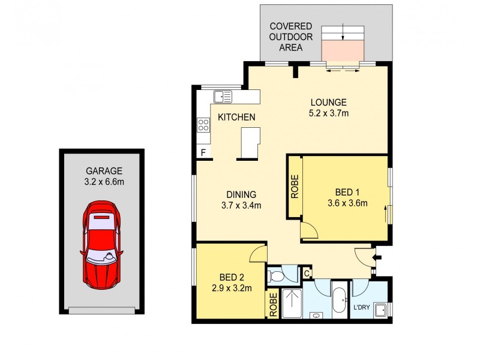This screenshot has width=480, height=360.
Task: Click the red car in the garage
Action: click(x=101, y=244)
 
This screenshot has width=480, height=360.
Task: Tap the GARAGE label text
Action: click(x=103, y=170)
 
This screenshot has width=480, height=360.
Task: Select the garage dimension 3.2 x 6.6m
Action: click(x=103, y=181)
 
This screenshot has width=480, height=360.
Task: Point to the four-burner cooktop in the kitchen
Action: click(x=203, y=125)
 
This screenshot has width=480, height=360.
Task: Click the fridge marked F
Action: click(x=203, y=152)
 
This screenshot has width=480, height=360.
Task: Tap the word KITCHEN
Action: click(x=236, y=117)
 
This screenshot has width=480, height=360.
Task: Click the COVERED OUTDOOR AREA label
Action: click(x=291, y=37)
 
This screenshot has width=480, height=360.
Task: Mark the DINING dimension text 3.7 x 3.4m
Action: click(x=242, y=205)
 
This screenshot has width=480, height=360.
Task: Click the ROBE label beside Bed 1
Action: click(x=295, y=187)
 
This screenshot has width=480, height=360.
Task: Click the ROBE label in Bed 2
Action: click(x=273, y=304)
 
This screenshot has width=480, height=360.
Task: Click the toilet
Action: click(x=278, y=275)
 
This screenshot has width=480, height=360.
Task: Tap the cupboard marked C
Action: click(x=306, y=274)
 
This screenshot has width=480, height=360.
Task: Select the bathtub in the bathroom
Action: click(x=339, y=300)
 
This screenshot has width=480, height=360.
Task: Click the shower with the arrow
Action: click(x=292, y=303)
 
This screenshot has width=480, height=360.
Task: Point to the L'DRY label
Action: click(x=361, y=307)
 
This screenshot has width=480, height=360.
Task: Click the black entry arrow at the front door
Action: click(x=377, y=258)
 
